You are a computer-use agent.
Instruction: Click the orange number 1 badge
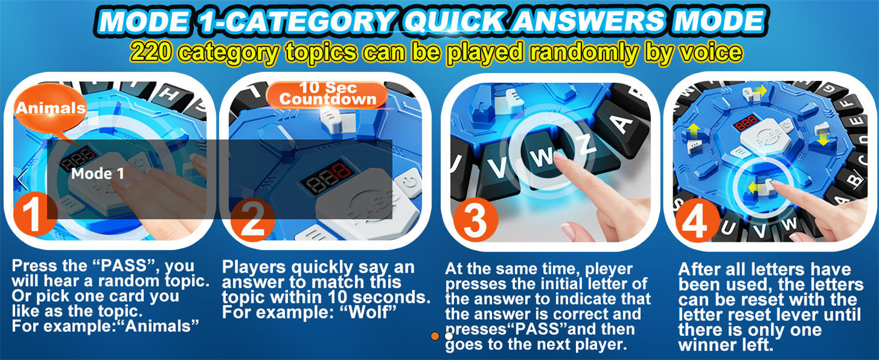coord(35,216)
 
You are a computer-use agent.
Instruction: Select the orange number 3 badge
coord(476,220)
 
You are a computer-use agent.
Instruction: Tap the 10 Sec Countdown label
coord(327,94)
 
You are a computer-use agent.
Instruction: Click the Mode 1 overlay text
coord(98,173)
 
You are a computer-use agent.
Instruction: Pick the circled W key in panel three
coord(544,155)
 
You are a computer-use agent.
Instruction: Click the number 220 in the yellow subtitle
coord(151,52)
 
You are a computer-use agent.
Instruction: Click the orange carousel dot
coord(435,336)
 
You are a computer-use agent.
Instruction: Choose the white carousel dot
coord(449,336)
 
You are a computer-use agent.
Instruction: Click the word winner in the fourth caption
coord(704,346)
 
